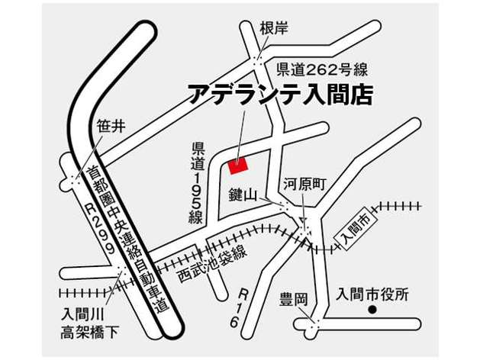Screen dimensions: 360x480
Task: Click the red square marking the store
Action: coord(238,164)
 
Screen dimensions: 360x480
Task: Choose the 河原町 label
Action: coord(305,183)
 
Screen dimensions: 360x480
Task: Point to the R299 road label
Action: coord(98,228)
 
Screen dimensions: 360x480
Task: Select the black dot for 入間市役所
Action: coord(373,310)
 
